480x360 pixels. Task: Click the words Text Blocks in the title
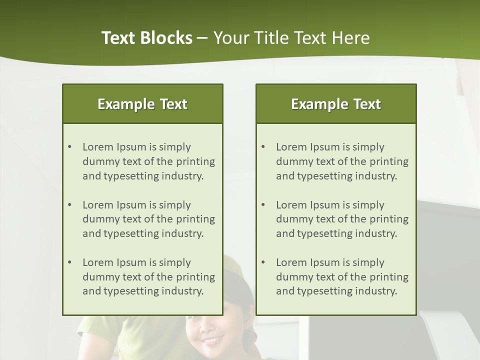pyautogui.click(x=146, y=38)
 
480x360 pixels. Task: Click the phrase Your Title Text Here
pyautogui.click(x=291, y=38)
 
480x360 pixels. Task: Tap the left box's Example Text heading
pyautogui.click(x=142, y=104)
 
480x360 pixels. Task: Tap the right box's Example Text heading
pyautogui.click(x=336, y=104)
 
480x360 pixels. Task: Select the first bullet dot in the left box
pyautogui.click(x=69, y=147)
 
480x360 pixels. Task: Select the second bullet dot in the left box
pyautogui.click(x=69, y=205)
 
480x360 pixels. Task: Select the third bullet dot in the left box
pyautogui.click(x=69, y=262)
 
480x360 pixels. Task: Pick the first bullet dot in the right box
pyautogui.click(x=263, y=147)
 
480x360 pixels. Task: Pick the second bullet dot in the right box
pyautogui.click(x=263, y=205)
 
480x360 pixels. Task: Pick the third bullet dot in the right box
pyautogui.click(x=263, y=262)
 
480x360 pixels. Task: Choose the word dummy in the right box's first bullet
pyautogui.click(x=292, y=161)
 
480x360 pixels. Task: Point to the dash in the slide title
pyautogui.click(x=202, y=38)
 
